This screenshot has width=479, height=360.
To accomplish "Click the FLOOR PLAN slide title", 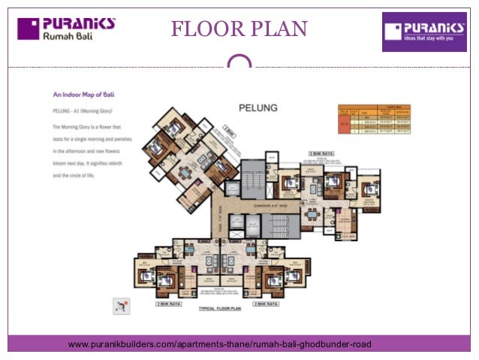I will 239,29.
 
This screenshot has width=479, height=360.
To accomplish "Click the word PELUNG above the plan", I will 258,108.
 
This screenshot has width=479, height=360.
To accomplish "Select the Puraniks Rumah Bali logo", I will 67,29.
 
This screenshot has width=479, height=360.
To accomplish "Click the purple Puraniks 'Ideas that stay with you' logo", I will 423,32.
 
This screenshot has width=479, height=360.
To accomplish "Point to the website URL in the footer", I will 219,344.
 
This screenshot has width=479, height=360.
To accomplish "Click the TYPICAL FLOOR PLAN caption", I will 220,309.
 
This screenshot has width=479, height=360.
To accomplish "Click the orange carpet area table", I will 374,119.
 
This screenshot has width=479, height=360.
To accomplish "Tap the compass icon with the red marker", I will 120,304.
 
